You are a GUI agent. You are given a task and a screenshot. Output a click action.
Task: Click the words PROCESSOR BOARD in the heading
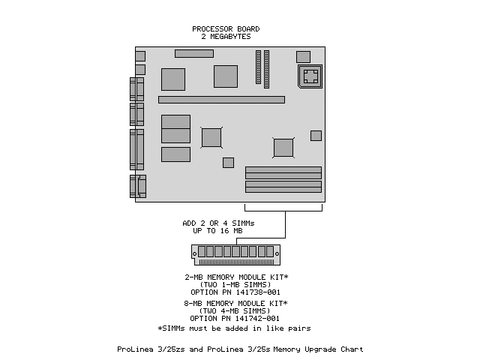pos(226,29)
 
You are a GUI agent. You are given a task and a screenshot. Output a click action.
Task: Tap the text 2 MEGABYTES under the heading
pos(226,36)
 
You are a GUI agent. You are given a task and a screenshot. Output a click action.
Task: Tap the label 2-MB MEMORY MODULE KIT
pos(235,277)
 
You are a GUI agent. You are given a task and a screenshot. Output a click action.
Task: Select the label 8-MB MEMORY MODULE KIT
pos(235,304)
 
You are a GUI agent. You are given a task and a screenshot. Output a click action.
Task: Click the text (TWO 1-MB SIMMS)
pos(235,283)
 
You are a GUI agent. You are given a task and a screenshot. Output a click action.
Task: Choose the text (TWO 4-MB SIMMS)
pos(235,310)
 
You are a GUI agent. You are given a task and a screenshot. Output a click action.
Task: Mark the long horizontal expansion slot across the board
pos(221,99)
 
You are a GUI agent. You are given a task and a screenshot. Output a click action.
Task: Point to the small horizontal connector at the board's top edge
pos(194,53)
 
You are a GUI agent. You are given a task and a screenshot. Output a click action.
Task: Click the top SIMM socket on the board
pos(283,170)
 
